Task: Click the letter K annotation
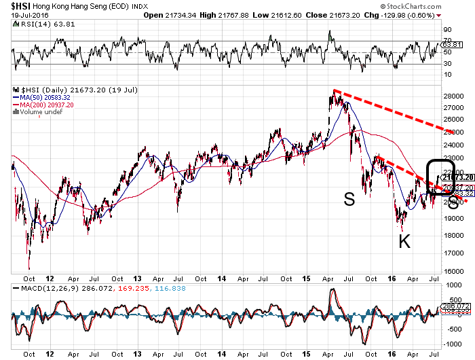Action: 404,240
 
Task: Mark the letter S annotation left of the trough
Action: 349,200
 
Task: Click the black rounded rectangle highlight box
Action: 439,178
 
